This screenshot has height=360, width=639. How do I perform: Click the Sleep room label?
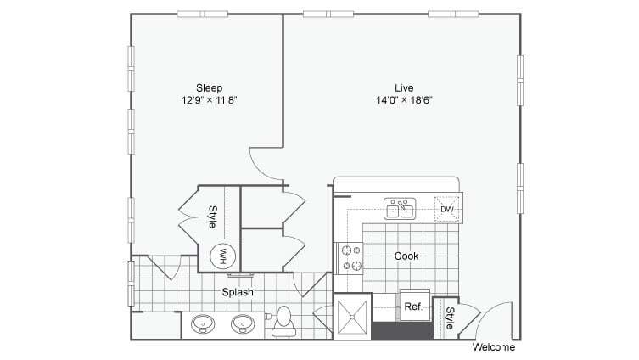click(209, 87)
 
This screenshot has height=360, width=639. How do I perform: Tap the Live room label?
click(403, 87)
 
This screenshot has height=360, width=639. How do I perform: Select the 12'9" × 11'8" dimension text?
click(209, 99)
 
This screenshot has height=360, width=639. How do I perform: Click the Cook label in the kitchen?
click(406, 256)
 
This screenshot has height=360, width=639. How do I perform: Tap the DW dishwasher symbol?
click(447, 209)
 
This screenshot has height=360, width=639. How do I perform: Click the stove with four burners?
click(350, 258)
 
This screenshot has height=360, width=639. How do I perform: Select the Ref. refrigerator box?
click(413, 306)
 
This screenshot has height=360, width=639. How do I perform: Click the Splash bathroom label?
click(238, 293)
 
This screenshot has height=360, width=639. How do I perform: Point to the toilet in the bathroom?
click(283, 322)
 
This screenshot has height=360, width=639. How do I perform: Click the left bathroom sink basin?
click(203, 323)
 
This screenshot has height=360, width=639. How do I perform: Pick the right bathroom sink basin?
click(244, 323)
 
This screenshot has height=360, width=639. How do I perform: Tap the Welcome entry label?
click(493, 347)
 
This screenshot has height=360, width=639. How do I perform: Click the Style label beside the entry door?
click(449, 318)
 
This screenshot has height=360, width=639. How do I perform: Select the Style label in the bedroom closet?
click(212, 217)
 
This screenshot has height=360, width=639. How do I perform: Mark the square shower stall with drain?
click(351, 317)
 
